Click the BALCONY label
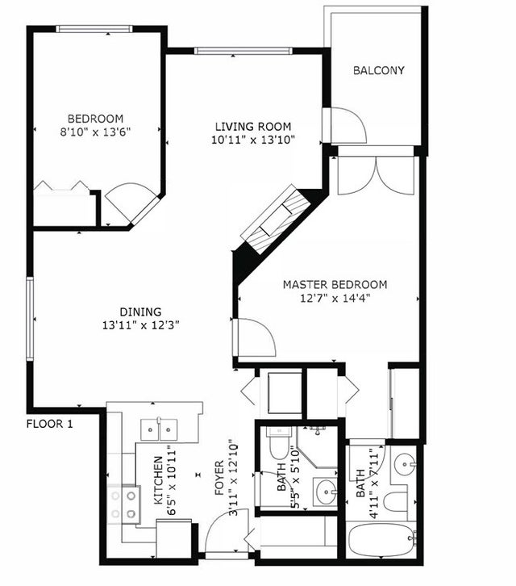[379, 70]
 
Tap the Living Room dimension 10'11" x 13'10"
[253, 140]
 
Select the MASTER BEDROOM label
[335, 284]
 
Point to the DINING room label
[140, 312]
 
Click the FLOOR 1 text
[50, 424]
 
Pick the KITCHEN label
[158, 480]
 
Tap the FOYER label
[219, 478]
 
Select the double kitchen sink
[159, 429]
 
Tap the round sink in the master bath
[406, 464]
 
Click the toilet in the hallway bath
[279, 444]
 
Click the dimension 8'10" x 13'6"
[95, 132]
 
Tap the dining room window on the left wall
[30, 319]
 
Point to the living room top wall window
[243, 51]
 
